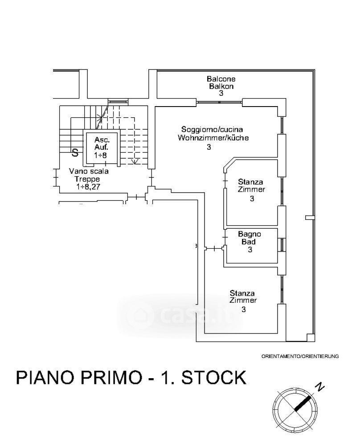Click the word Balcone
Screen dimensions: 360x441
click(221, 79)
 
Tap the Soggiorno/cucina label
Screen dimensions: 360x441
click(212, 130)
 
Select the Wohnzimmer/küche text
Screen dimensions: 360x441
click(213, 138)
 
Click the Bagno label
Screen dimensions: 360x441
click(250, 234)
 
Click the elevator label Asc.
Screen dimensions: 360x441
click(102, 140)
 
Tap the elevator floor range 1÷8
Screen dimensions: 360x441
click(101, 155)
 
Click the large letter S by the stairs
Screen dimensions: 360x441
click(75, 153)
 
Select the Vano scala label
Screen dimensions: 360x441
click(89, 171)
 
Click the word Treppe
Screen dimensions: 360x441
click(87, 179)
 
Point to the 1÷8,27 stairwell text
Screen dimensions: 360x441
click(88, 187)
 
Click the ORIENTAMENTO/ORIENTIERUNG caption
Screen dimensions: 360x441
click(300, 356)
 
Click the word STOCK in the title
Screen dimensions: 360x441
click(214, 378)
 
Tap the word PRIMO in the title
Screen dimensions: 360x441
click(112, 378)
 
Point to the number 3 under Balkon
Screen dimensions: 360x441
click(221, 93)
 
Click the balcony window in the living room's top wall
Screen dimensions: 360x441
click(219, 102)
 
